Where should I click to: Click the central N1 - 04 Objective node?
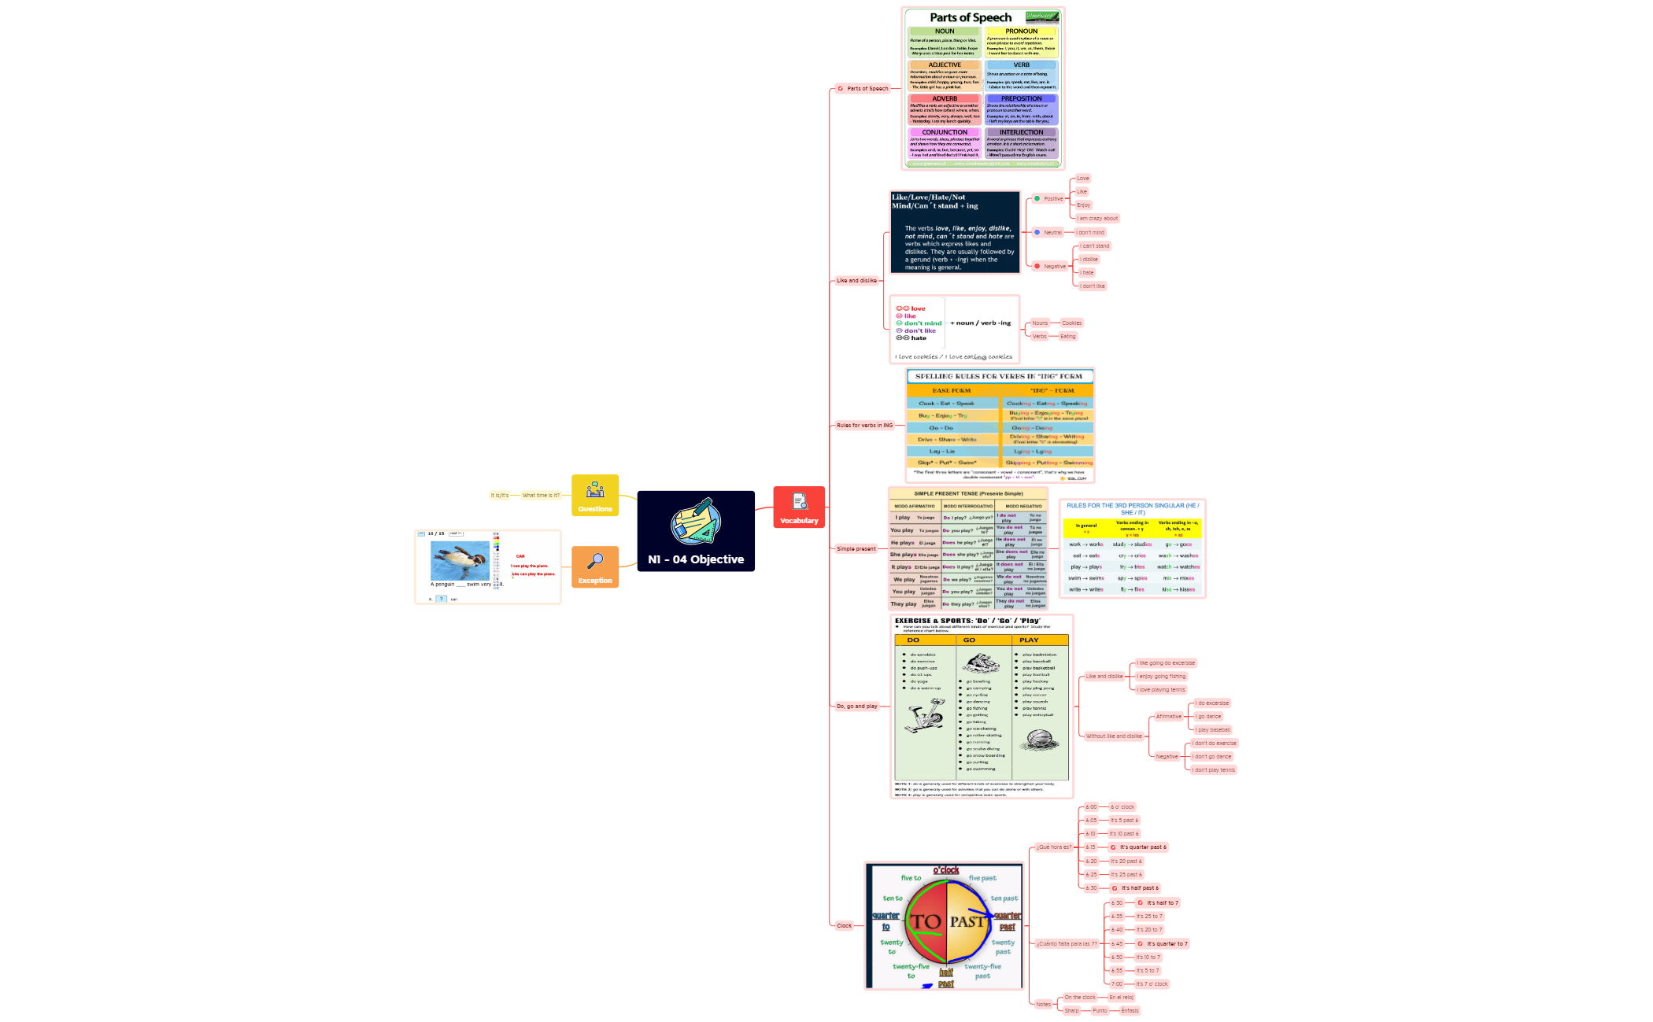pos(695,531)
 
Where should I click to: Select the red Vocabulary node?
pos(799,507)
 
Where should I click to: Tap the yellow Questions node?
pos(595,496)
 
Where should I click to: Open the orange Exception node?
pos(595,567)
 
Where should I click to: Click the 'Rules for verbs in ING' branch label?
pos(864,426)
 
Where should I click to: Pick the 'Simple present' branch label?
pos(856,549)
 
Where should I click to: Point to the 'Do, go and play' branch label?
pos(856,707)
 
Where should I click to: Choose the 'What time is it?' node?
pos(541,496)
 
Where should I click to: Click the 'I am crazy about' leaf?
pos(1097,219)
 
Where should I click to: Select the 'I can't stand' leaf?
pos(1095,246)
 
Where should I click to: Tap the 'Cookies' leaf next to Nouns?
pos(1071,323)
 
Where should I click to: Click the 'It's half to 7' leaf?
pos(1162,903)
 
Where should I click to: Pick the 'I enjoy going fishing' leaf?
pos(1161,677)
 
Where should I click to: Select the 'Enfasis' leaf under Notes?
pos(1130,1011)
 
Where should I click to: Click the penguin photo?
pos(460,560)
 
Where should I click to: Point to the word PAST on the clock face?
pos(967,921)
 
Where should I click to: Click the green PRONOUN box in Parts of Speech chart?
pos(1021,42)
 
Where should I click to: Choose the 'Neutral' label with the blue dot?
pos(1052,233)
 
